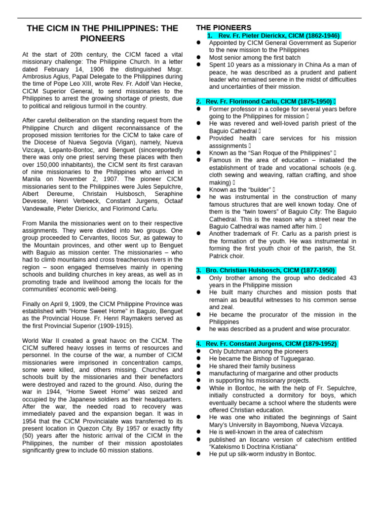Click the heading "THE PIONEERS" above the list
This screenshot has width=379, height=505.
pyautogui.click(x=224, y=28)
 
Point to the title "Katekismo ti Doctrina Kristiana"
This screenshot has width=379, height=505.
pyautogui.click(x=253, y=446)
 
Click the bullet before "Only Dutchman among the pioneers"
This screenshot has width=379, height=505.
pyautogui.click(x=198, y=351)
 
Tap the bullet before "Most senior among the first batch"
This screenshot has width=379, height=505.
pyautogui.click(x=198, y=57)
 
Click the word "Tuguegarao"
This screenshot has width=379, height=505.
pyautogui.click(x=293, y=359)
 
